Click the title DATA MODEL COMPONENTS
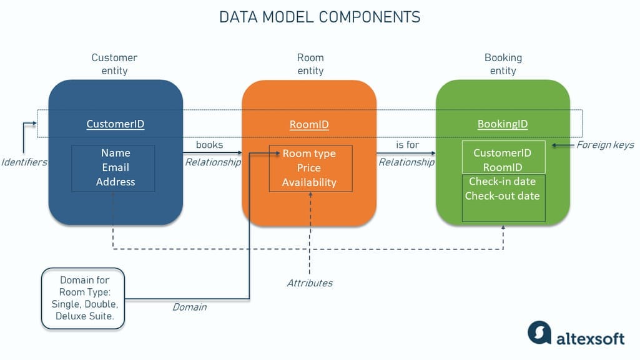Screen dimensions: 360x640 click(x=320, y=17)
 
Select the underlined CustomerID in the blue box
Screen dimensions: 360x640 click(x=116, y=124)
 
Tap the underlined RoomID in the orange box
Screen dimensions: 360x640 click(x=309, y=125)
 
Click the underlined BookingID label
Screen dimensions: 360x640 click(x=503, y=124)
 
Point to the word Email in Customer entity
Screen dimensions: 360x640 click(x=116, y=167)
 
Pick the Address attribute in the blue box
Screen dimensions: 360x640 click(x=116, y=182)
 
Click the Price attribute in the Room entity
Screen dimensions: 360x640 click(x=309, y=168)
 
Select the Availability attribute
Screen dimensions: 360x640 click(x=309, y=183)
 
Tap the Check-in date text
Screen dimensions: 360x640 click(x=503, y=181)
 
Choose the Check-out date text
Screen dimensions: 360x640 click(x=503, y=195)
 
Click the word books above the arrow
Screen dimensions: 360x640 click(x=210, y=145)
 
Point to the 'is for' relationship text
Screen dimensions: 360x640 click(x=407, y=145)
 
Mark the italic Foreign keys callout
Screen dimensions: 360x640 click(x=605, y=145)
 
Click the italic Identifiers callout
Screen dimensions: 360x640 click(x=24, y=162)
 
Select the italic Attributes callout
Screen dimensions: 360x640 click(x=310, y=283)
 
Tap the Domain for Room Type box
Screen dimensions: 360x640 click(x=84, y=298)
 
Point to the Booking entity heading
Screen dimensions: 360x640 click(x=503, y=64)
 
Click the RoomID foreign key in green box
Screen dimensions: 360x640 click(x=503, y=167)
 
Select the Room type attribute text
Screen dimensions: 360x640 click(x=309, y=153)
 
